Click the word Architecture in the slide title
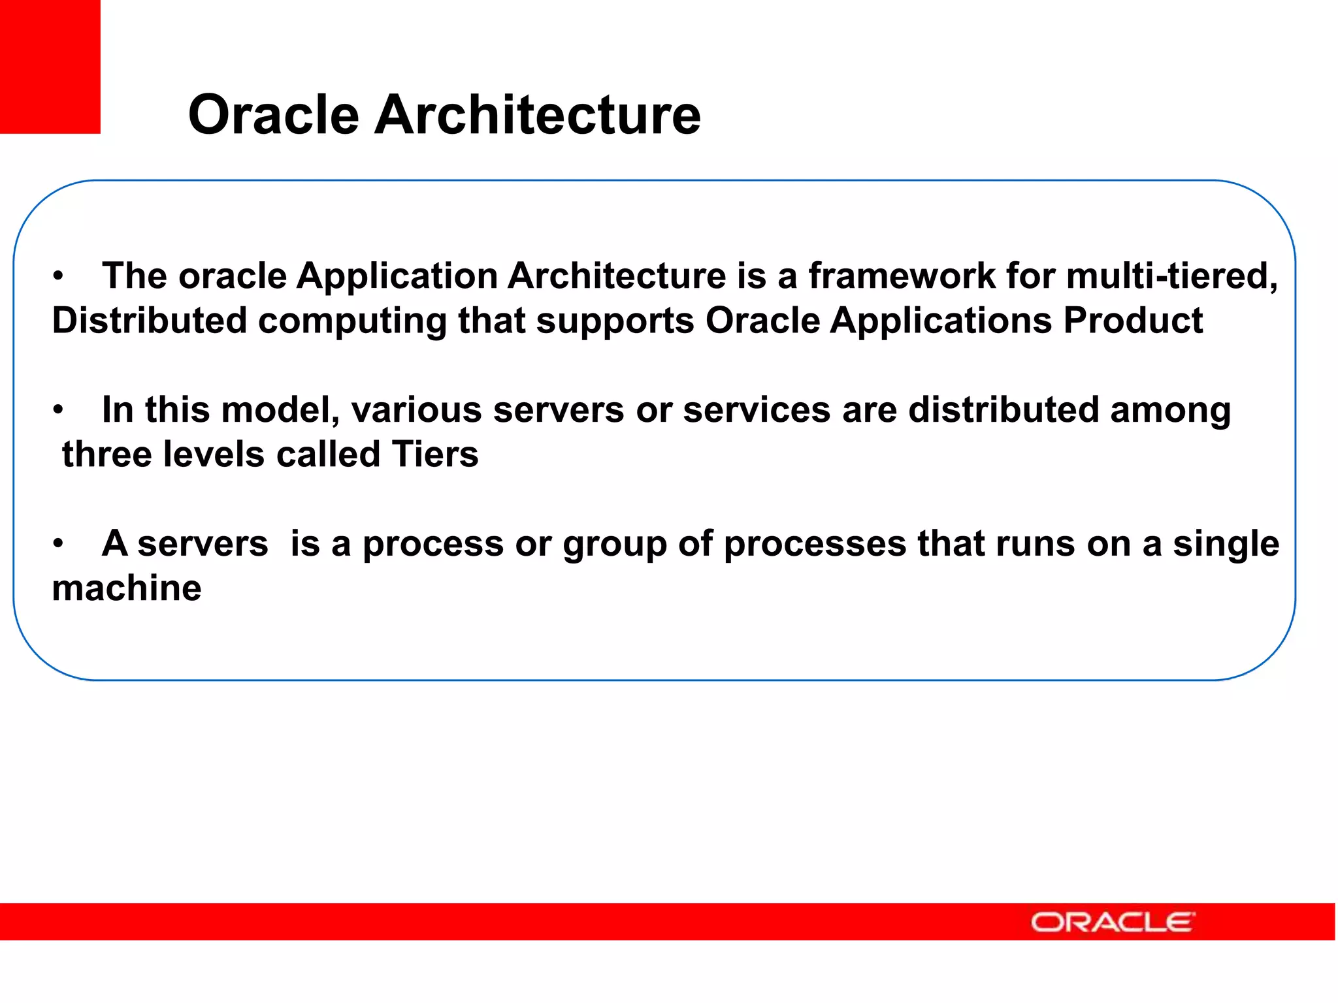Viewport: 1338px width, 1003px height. coord(537,115)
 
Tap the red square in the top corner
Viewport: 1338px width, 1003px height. coord(50,66)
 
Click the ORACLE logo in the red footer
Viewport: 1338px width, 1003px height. coord(1113,922)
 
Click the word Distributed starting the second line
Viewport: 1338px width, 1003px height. coord(150,321)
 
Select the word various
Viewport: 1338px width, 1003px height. coord(416,410)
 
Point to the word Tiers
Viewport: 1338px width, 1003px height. coord(434,454)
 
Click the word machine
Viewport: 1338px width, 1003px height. coord(127,588)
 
